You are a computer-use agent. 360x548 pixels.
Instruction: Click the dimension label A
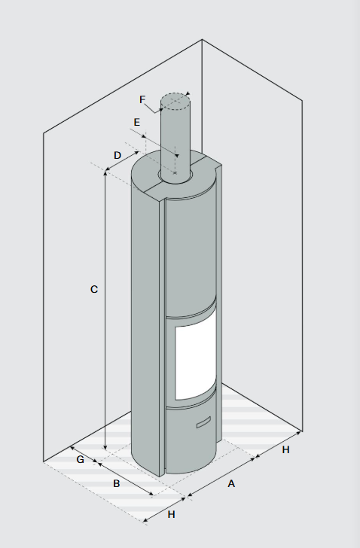(x=231, y=484)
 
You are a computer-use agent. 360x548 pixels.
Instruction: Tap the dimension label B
(x=117, y=484)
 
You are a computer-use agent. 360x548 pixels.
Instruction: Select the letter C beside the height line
(x=94, y=289)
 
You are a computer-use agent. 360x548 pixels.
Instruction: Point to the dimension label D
(x=117, y=156)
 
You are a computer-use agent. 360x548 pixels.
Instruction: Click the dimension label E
(x=136, y=122)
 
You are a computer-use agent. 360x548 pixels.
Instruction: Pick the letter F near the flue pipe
(x=142, y=99)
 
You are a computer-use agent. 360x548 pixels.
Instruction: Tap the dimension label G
(x=80, y=460)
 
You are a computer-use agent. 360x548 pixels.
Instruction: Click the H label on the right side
(x=285, y=450)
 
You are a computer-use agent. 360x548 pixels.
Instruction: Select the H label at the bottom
(x=171, y=514)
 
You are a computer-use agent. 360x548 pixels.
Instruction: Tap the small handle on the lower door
(x=203, y=422)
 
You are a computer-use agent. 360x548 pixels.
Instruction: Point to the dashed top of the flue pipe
(x=175, y=102)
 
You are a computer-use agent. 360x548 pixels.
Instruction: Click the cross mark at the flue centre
(x=175, y=172)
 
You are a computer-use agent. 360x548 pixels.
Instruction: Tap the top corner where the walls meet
(x=202, y=39)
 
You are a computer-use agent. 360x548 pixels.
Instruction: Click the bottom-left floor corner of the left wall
(x=44, y=461)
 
